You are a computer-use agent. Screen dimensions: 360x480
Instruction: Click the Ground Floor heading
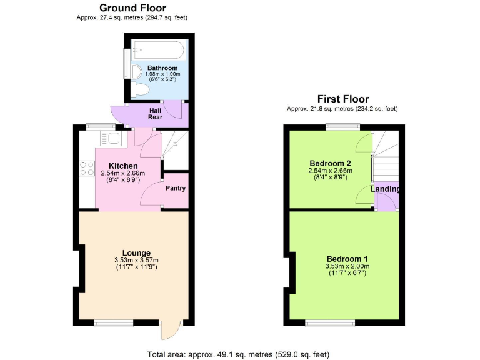tap(132, 8)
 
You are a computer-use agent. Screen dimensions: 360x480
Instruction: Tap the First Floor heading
tap(342, 99)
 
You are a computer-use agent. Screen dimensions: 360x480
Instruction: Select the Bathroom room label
tap(162, 67)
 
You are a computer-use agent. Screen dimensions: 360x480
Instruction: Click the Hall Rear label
tap(155, 113)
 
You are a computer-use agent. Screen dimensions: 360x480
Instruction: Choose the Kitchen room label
tap(123, 166)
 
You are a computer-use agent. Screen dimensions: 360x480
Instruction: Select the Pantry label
tap(175, 188)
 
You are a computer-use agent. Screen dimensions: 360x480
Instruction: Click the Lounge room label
tap(136, 252)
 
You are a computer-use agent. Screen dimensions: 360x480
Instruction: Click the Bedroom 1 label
tap(347, 259)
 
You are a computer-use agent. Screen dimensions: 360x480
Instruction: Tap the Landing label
tap(386, 189)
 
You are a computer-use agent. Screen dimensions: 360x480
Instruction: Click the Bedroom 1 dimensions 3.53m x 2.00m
tap(347, 267)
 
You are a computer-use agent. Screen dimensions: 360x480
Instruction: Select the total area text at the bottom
tap(238, 354)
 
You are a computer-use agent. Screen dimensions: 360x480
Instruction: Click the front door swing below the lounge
tap(170, 330)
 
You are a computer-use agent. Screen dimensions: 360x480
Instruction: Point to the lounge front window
tap(114, 322)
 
